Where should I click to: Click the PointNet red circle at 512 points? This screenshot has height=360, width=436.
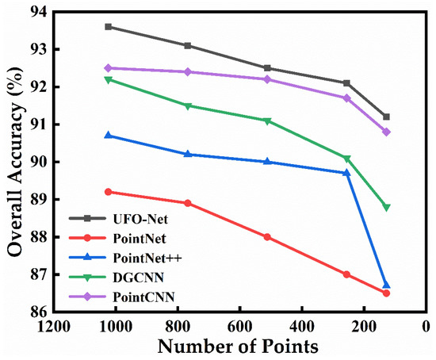click(x=267, y=237)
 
